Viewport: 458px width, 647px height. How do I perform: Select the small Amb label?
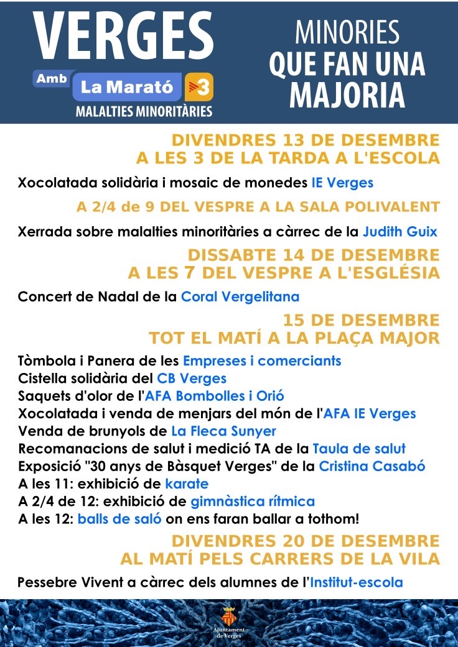pos(52,79)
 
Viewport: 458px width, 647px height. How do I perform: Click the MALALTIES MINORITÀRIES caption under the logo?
pos(144,112)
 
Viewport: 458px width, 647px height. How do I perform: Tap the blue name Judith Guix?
pos(400,232)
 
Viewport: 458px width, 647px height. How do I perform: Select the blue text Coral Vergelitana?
pos(240,296)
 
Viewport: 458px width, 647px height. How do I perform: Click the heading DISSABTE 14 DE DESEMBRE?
pos(314,255)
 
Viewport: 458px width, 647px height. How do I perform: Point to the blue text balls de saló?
pos(119,519)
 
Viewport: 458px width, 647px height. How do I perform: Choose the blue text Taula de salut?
pos(359,449)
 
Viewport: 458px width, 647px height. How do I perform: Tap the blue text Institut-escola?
pos(356,582)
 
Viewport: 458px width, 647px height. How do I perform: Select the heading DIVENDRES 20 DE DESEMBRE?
pos(306,541)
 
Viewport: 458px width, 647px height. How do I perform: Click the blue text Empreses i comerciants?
pos(262,360)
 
